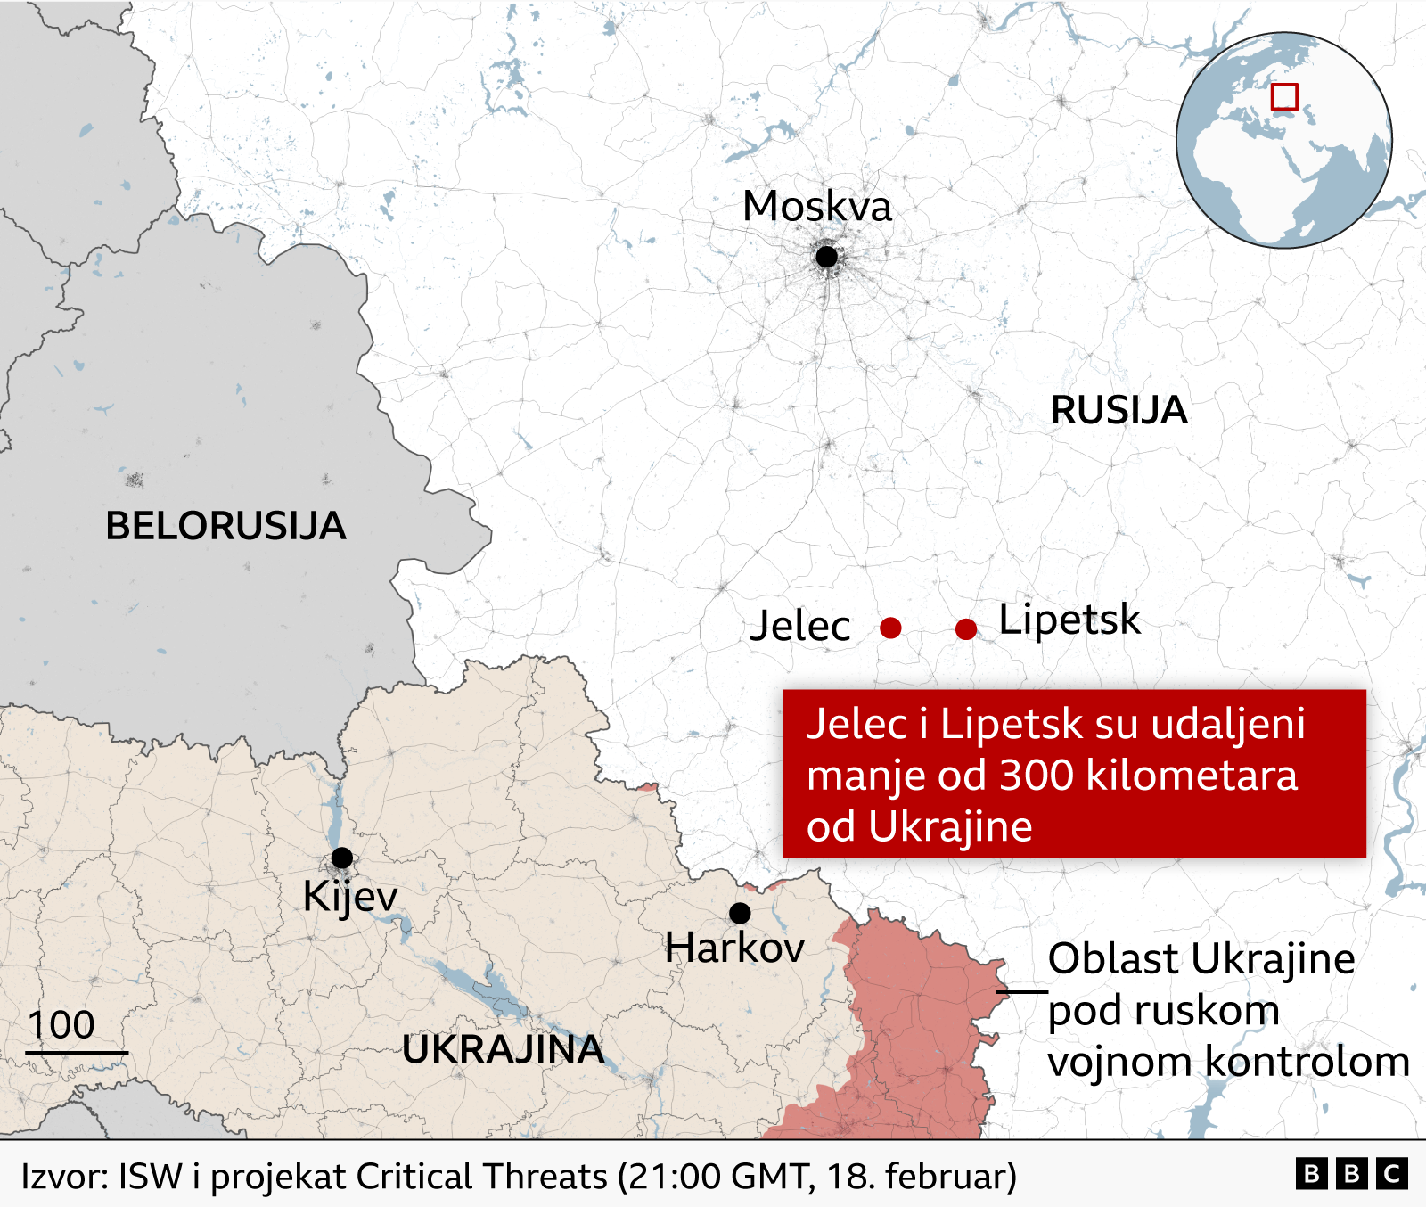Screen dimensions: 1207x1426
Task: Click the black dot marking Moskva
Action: click(x=826, y=257)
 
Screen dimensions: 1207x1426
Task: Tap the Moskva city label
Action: click(x=816, y=207)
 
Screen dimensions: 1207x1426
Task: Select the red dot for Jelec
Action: click(x=890, y=628)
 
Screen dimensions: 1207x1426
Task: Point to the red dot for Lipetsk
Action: click(x=965, y=629)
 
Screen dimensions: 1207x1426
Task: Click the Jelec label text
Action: click(x=799, y=626)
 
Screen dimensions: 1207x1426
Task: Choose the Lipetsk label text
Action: click(x=1069, y=620)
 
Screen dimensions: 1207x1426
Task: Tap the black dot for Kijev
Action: click(x=341, y=858)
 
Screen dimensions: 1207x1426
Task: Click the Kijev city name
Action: click(x=349, y=897)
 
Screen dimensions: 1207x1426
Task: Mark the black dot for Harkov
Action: click(x=740, y=913)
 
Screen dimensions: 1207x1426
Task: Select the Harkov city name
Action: click(x=734, y=948)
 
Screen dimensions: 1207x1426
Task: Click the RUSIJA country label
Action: click(x=1119, y=410)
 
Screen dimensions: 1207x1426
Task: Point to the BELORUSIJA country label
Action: click(x=225, y=526)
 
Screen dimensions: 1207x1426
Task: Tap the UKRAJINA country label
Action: click(x=503, y=1049)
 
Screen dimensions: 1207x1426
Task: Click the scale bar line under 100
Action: click(x=77, y=1053)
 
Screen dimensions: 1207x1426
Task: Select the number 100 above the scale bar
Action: click(x=61, y=1025)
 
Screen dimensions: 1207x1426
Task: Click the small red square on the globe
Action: click(x=1284, y=96)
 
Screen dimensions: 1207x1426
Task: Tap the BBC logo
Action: click(x=1351, y=1174)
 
